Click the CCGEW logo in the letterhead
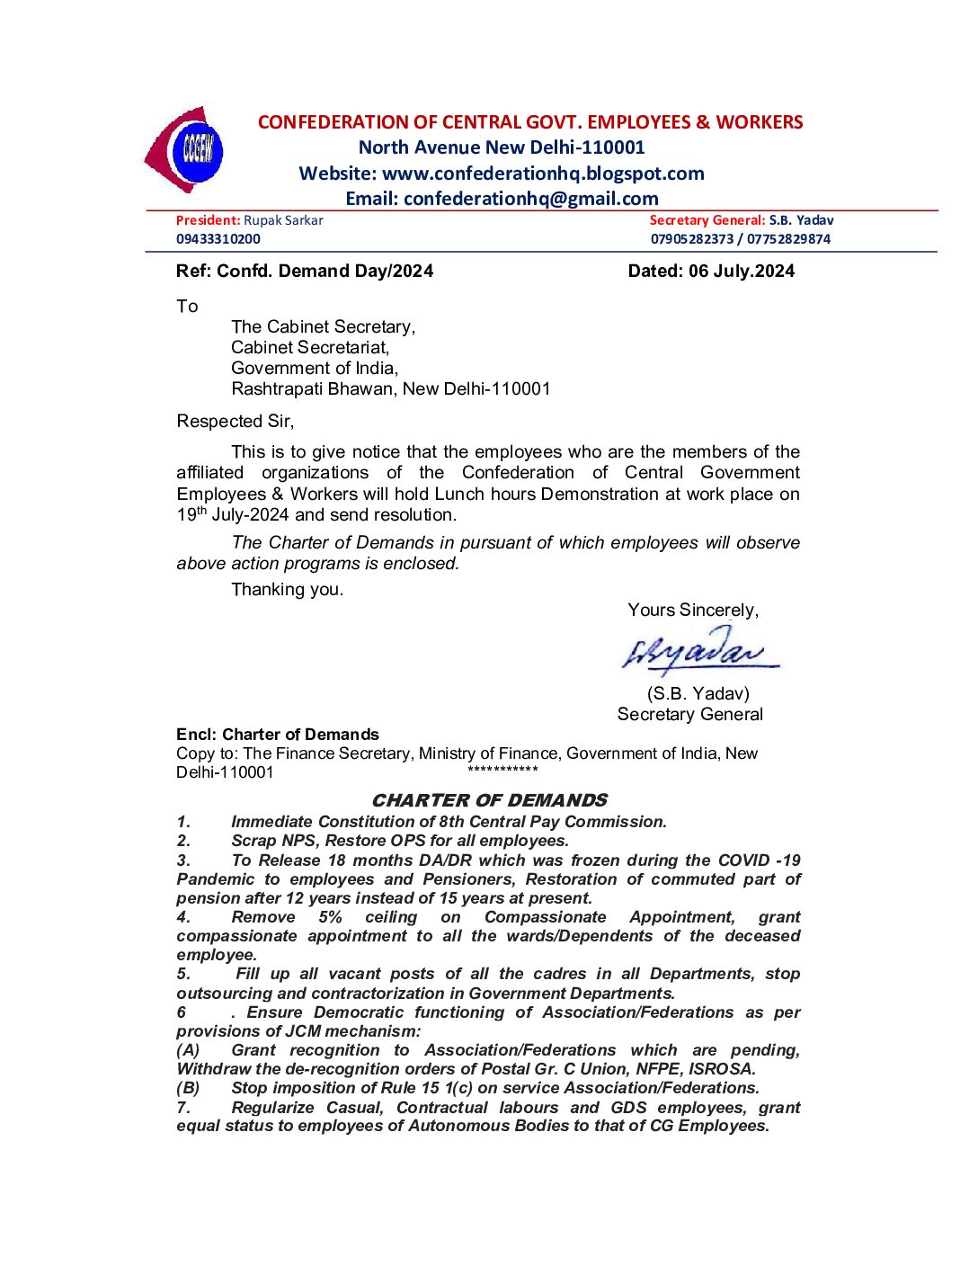[185, 150]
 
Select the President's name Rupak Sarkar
[283, 220]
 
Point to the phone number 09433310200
[218, 239]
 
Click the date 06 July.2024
[742, 272]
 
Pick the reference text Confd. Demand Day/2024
[325, 272]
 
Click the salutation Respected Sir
[235, 422]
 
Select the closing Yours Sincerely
[693, 611]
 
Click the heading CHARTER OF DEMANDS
[489, 800]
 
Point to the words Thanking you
[287, 590]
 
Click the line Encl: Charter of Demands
[278, 735]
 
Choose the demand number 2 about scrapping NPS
[400, 841]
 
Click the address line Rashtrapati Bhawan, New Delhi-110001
[390, 389]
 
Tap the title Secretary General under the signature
[689, 715]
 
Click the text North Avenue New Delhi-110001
[502, 147]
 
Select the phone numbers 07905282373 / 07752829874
[741, 239]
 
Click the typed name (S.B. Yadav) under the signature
[698, 694]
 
